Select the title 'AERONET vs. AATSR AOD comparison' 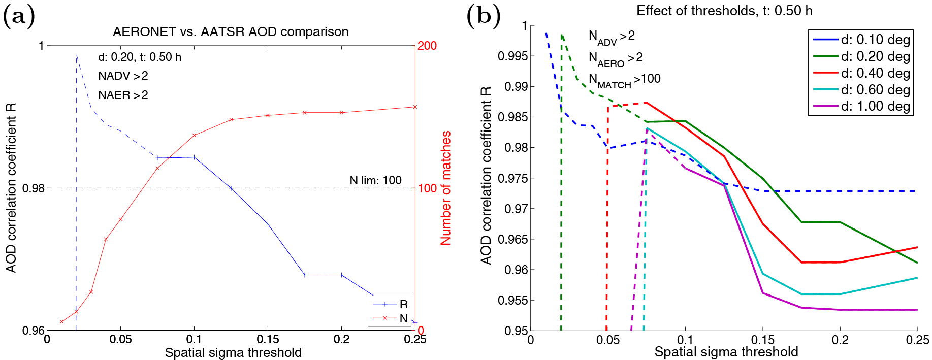click(231, 32)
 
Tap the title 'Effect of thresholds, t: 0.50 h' click(724, 11)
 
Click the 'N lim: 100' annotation click(375, 180)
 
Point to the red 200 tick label click(427, 46)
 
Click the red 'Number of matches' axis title click(445, 188)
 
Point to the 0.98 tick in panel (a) click(34, 188)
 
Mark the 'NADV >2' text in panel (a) click(123, 76)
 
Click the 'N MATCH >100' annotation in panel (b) click(624, 79)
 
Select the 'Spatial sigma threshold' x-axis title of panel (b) click(726, 352)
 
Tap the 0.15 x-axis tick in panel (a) click(268, 339)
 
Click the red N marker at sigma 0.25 click(415, 107)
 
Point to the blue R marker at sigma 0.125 click(231, 188)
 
